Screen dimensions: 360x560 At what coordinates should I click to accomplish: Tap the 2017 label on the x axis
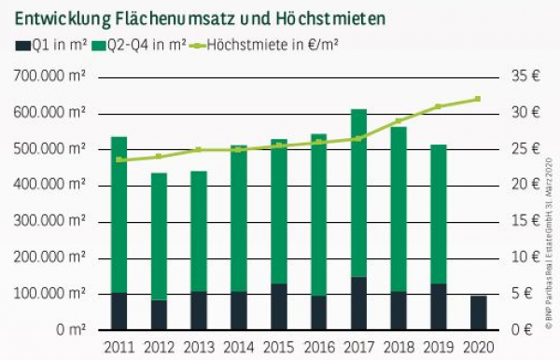click(x=358, y=348)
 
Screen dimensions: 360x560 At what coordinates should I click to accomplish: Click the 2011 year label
click(x=119, y=348)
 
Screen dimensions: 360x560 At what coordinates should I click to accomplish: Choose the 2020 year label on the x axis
click(x=479, y=348)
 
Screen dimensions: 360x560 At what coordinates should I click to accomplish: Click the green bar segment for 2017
click(x=358, y=193)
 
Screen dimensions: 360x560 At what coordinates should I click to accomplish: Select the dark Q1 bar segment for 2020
click(x=479, y=312)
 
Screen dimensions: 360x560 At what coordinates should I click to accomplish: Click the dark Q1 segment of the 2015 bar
click(x=278, y=307)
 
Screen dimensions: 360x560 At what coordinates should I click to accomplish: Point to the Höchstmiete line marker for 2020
click(x=479, y=99)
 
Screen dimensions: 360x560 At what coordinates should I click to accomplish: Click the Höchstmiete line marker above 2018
click(x=399, y=121)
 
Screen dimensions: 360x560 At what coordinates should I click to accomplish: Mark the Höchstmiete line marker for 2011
click(x=119, y=159)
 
